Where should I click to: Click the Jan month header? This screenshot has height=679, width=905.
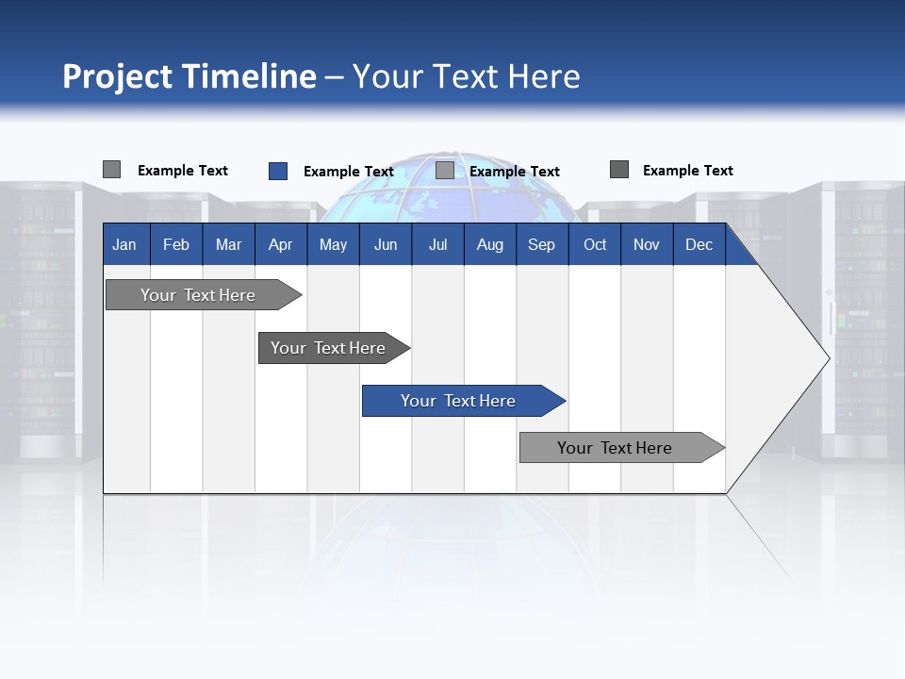tap(124, 244)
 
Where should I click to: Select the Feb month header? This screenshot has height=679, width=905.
tap(176, 244)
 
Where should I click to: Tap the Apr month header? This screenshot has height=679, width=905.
tap(280, 244)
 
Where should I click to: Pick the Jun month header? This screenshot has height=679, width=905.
tap(386, 244)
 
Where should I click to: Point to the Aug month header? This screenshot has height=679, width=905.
tap(489, 244)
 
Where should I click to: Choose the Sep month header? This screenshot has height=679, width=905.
tap(541, 244)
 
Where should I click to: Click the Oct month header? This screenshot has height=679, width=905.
tap(595, 244)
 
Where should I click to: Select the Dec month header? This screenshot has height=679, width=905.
tap(699, 244)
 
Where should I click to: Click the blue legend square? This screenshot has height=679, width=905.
tap(278, 171)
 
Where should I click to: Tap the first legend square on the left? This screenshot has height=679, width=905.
tap(111, 170)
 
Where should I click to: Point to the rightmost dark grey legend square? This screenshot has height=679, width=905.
tap(619, 170)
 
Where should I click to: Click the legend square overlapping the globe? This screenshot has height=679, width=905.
tap(445, 171)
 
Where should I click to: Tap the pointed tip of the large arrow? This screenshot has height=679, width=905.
tap(828, 358)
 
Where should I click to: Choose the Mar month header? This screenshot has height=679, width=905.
tap(228, 244)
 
